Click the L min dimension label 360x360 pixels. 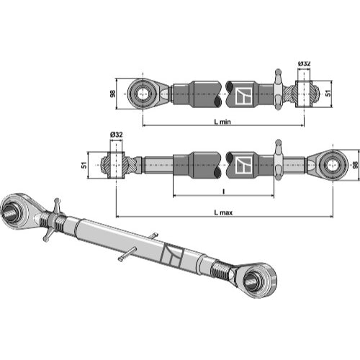pyautogui.click(x=222, y=122)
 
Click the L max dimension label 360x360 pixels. pyautogui.click(x=223, y=212)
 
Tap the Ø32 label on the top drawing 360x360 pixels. pyautogui.click(x=304, y=63)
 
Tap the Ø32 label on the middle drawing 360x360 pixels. pyautogui.click(x=117, y=135)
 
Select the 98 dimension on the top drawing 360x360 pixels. pyautogui.click(x=112, y=94)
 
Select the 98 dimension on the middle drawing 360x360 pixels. pyautogui.click(x=356, y=165)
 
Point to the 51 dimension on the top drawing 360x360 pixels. pyautogui.click(x=328, y=93)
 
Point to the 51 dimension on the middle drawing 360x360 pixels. pyautogui.click(x=84, y=165)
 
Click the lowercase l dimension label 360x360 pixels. pyautogui.click(x=224, y=192)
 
